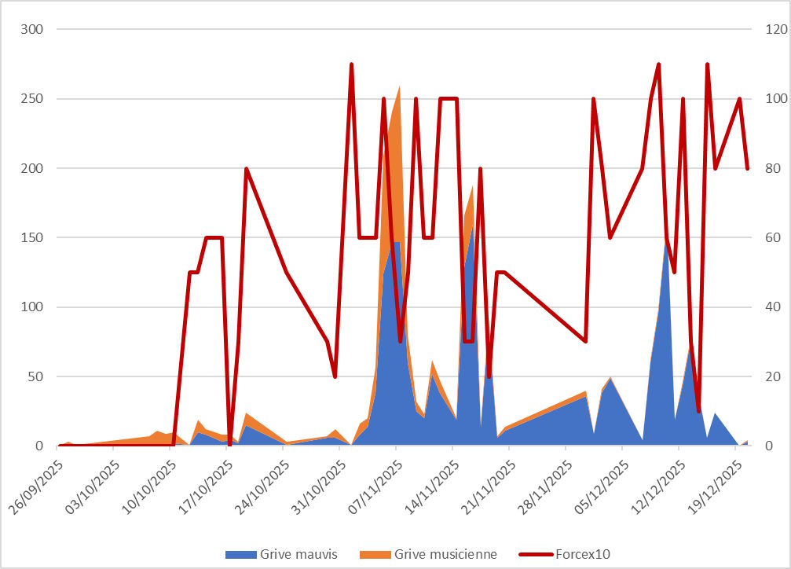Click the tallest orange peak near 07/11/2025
400,87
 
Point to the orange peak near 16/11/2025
472,187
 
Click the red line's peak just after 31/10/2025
351,64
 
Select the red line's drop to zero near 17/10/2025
230,445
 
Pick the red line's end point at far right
748,168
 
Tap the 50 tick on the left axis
36,376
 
